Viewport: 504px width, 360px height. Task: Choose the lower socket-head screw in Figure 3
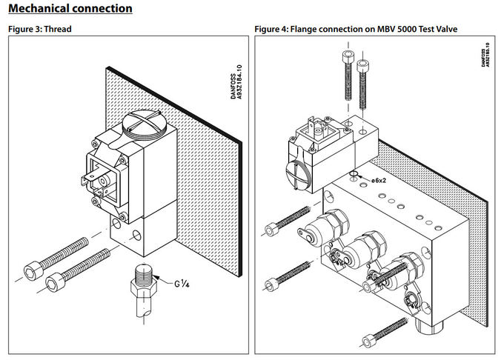coord(80,270)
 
